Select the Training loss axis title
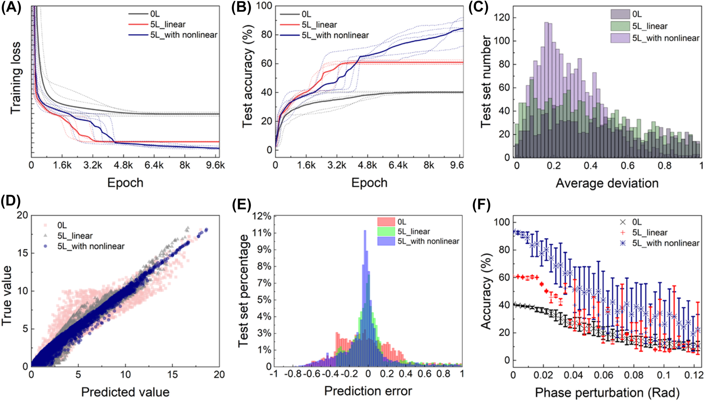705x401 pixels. [15, 78]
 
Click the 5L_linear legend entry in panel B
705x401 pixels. [319, 25]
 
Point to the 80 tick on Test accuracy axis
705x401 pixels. [267, 35]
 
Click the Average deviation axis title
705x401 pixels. [607, 183]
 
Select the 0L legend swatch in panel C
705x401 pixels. [620, 14]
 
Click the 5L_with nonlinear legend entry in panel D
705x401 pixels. [91, 246]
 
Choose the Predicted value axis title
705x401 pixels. [125, 392]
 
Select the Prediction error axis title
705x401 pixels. [368, 391]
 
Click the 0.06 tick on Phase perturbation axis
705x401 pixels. [604, 375]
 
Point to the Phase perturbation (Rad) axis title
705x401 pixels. [607, 392]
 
